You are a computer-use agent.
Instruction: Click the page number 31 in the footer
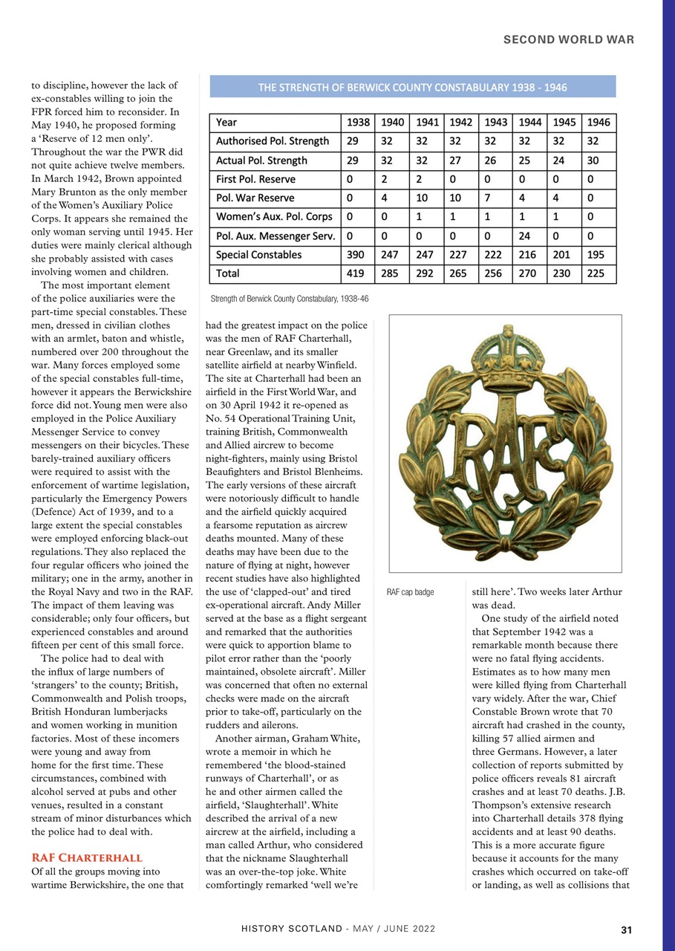point(626,929)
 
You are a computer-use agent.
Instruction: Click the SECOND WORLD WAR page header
point(569,40)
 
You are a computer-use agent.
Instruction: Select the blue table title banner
point(413,87)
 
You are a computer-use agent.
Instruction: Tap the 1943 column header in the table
point(495,122)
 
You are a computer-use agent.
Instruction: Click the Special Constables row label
point(258,255)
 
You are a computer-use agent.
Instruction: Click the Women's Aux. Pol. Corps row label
point(274,217)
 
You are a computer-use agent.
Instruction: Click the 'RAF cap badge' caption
point(411,593)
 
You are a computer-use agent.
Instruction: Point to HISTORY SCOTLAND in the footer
point(291,929)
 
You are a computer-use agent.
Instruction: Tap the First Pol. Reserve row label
point(255,179)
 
